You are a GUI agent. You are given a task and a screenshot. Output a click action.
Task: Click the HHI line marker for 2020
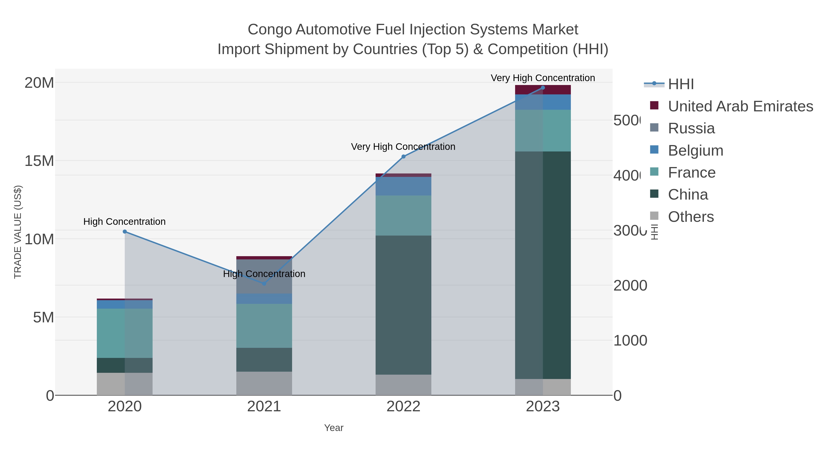pos(125,231)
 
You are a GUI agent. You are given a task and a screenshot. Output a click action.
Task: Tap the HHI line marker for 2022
pos(403,156)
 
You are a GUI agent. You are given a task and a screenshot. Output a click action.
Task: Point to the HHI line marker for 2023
pos(543,88)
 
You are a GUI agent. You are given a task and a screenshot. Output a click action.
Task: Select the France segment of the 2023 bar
pos(543,131)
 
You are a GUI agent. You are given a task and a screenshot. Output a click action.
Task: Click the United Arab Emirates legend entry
pos(740,106)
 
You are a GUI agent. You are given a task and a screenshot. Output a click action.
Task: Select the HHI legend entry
pos(681,84)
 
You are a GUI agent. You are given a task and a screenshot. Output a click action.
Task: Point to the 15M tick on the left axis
pos(39,161)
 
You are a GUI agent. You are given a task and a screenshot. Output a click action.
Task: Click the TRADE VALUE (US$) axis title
pos(18,232)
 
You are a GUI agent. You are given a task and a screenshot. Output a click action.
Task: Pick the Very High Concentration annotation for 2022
pos(403,147)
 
